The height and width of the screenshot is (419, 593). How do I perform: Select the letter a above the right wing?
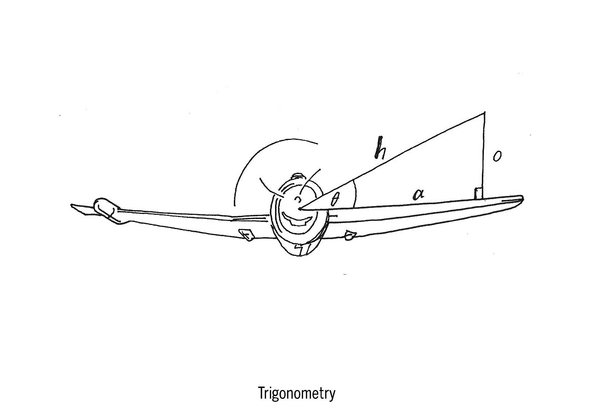coord(418,194)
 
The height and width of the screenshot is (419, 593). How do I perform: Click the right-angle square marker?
coord(477,193)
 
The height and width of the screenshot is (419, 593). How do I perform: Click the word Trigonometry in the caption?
coord(296,393)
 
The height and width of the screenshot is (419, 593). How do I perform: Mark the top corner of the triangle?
coord(485,113)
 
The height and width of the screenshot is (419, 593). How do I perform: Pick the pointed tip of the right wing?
coord(521,198)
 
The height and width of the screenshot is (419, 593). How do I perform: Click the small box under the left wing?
coord(247,235)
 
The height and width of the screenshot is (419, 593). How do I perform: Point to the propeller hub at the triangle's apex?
coord(300,207)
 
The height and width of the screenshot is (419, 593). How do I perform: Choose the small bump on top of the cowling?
coord(298,177)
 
